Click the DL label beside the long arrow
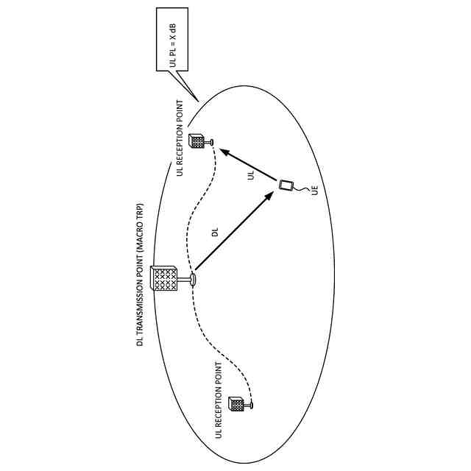216,233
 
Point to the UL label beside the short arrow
251,177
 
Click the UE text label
315,190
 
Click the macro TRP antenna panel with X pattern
166,280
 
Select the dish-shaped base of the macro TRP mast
194,279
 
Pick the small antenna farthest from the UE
237,403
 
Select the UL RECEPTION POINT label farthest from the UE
218,401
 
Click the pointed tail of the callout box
193,91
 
